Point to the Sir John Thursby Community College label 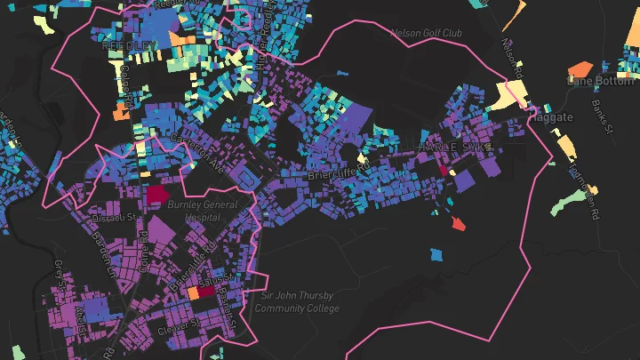tap(297, 302)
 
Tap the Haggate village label tap(556, 116)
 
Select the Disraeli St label tap(111, 216)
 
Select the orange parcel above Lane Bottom tap(580, 68)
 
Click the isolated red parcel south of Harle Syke tap(458, 224)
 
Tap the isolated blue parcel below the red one tap(436, 255)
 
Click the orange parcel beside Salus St tap(193, 290)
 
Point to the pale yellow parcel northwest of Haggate tap(509, 96)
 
